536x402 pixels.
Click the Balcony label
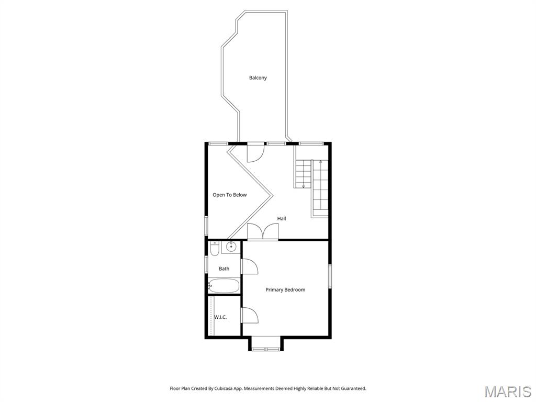[258, 78]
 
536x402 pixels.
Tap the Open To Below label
[229, 195]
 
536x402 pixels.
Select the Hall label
[281, 218]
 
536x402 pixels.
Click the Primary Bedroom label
[285, 290]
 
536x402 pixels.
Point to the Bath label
[224, 269]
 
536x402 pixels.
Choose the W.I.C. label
[220, 317]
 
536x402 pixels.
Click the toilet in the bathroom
[214, 249]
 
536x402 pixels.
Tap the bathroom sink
[231, 246]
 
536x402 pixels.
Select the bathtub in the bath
[224, 286]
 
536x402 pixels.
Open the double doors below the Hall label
[263, 232]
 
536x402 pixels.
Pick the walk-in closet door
[250, 315]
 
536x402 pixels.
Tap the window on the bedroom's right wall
[330, 275]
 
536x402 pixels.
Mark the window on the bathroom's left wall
[206, 264]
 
